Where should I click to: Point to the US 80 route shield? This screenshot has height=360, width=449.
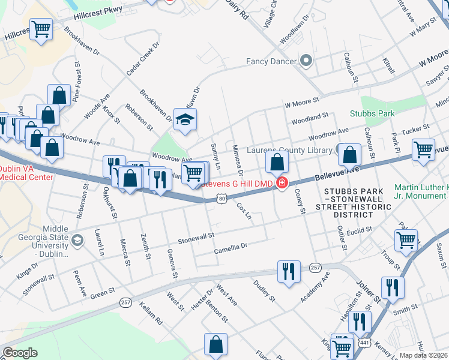(x=221, y=198)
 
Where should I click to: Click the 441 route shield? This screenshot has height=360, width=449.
(x=364, y=342)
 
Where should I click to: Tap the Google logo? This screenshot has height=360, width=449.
(x=19, y=353)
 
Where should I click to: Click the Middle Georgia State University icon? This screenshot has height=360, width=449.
(x=77, y=241)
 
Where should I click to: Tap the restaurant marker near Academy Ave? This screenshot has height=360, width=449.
(x=289, y=271)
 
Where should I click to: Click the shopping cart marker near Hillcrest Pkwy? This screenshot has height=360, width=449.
(x=41, y=29)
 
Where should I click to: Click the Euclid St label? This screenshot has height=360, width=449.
(x=360, y=230)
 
